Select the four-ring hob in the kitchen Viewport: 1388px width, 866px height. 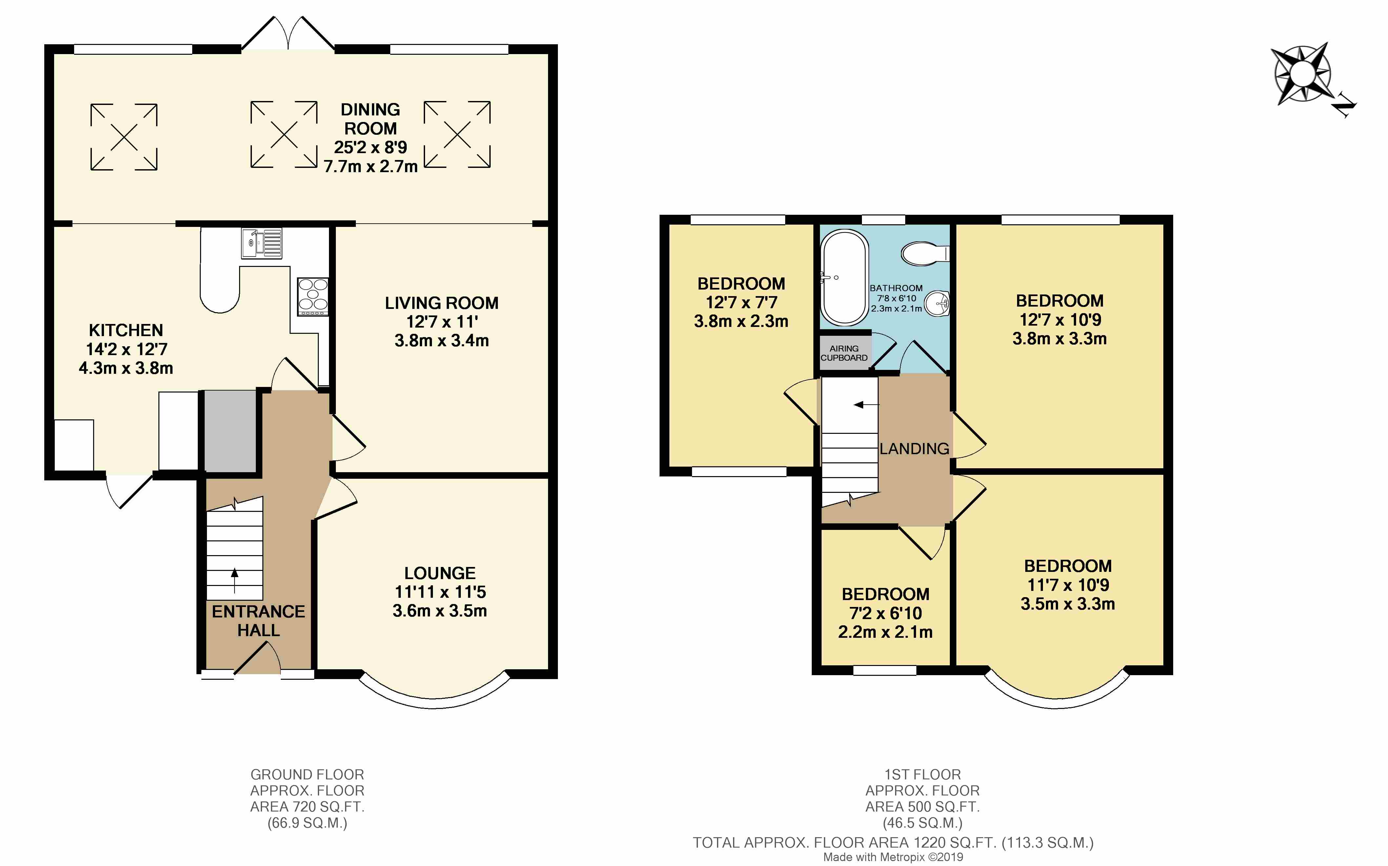tap(313, 297)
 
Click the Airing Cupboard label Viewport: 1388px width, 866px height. tap(844, 353)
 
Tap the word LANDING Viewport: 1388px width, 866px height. tap(914, 449)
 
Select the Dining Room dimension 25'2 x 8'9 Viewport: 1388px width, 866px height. tap(371, 147)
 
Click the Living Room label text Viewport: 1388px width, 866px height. tap(442, 303)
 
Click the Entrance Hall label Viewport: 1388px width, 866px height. tap(258, 621)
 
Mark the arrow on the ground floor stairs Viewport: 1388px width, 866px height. tap(234, 581)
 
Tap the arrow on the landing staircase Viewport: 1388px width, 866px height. tap(866, 405)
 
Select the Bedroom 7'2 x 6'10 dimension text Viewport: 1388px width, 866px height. tap(886, 614)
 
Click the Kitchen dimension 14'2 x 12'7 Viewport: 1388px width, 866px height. tap(127, 349)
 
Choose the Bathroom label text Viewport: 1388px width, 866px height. tap(896, 288)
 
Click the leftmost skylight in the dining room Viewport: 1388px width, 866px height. tap(124, 137)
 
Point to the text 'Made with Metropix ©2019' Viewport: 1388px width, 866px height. tap(893, 857)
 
